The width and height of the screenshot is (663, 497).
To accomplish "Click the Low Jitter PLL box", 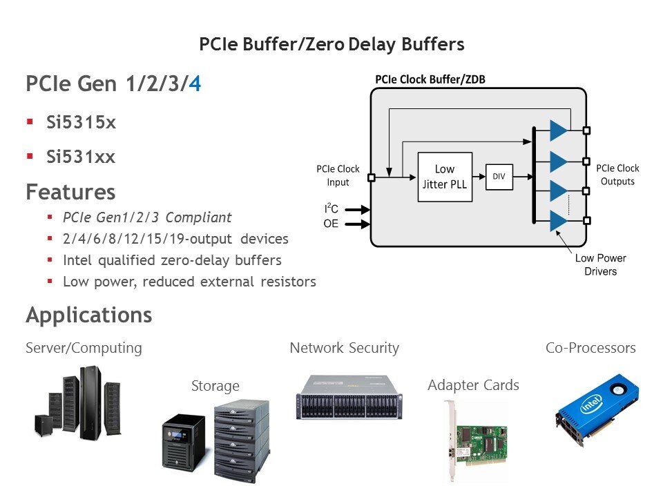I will (445, 177).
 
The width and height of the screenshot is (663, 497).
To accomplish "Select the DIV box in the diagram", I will (499, 177).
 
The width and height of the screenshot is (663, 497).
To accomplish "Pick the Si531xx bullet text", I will (81, 157).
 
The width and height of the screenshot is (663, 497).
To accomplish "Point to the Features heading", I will (70, 191).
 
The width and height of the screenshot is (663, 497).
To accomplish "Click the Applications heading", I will (89, 315).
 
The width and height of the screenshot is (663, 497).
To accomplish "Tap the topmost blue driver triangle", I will (557, 130).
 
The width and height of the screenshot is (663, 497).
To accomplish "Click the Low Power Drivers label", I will (600, 264).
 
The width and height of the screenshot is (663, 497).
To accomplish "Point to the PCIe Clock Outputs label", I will (617, 175).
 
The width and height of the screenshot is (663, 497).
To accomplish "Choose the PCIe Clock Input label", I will (338, 175).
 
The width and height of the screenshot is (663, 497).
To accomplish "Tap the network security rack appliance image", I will (349, 397).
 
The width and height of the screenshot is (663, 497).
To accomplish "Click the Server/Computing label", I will (84, 348).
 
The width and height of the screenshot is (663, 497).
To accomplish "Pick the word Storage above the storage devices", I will (215, 386).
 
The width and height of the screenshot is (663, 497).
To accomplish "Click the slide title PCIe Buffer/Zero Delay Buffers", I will (331, 45).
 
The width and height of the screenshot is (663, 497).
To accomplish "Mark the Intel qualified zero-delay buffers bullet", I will (172, 260).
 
